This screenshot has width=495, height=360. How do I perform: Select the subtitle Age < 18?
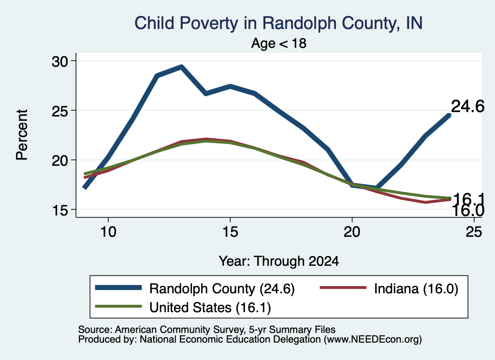(279, 43)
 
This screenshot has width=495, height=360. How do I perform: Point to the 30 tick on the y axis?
(59, 61)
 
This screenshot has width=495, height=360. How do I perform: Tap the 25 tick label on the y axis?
(59, 111)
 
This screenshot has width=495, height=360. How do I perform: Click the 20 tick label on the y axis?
(59, 160)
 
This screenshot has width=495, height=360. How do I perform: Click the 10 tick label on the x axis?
(108, 232)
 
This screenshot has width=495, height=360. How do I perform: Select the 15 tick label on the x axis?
(230, 232)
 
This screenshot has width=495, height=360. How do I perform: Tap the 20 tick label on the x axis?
(352, 232)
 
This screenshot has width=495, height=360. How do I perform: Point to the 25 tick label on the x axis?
(474, 232)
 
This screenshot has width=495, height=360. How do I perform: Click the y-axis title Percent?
(22, 135)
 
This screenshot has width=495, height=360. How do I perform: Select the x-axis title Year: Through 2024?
(279, 261)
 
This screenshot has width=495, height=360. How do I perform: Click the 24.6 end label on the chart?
(467, 106)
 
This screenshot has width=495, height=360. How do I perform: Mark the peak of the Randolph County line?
(182, 67)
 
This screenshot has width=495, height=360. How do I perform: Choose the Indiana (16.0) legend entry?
(389, 288)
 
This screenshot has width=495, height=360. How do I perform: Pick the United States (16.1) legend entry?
(183, 307)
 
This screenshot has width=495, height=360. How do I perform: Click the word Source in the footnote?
(95, 330)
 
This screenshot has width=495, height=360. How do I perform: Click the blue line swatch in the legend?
(118, 288)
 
